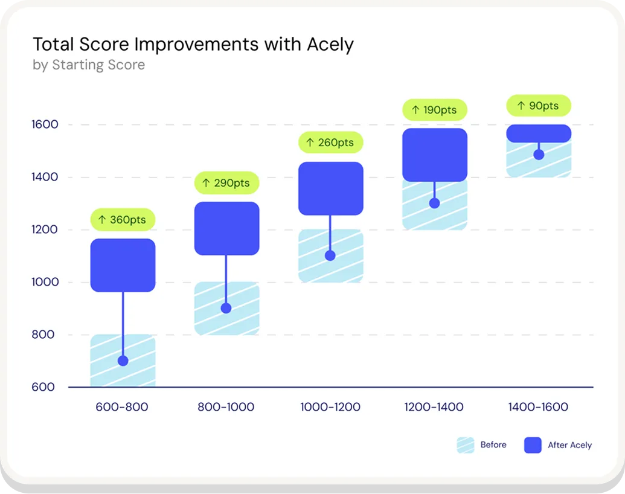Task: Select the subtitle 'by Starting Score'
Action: [x=89, y=65]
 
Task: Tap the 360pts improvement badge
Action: [x=123, y=219]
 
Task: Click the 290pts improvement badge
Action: [x=226, y=182]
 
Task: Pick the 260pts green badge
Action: [x=330, y=143]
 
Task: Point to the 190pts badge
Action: [x=434, y=110]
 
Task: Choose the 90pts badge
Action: [x=538, y=106]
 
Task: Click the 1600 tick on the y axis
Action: [x=45, y=125]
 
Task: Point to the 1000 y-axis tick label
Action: [x=45, y=282]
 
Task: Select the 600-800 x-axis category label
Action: [x=122, y=407]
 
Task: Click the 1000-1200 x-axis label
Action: [x=330, y=407]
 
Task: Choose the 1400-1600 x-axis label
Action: [x=538, y=407]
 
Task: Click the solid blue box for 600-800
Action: [x=123, y=265]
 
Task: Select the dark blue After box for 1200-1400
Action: [x=434, y=155]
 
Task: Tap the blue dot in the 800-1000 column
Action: [x=226, y=308]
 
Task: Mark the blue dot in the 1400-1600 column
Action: [x=539, y=155]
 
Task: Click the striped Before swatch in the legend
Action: [x=466, y=445]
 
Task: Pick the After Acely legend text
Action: [x=569, y=445]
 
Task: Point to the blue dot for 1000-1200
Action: [x=330, y=255]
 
